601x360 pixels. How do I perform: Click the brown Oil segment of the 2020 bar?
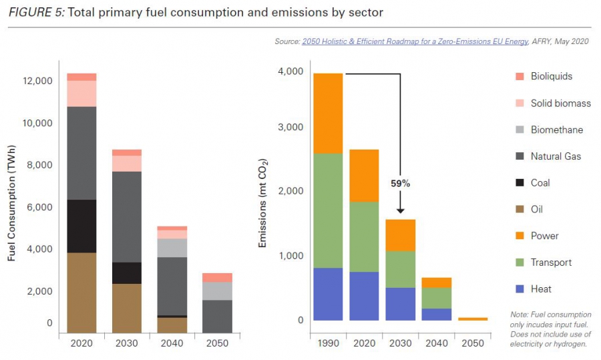[x=81, y=293]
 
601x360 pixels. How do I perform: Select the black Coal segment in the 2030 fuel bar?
[x=127, y=273]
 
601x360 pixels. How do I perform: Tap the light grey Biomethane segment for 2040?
[x=172, y=248]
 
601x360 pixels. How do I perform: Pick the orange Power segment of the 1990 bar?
[x=328, y=114]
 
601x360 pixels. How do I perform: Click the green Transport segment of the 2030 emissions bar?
[x=400, y=269]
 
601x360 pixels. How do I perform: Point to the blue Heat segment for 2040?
[x=437, y=314]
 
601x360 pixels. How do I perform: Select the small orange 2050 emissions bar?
[x=473, y=319]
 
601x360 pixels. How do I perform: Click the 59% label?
[x=400, y=182]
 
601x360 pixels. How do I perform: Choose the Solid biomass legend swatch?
[x=520, y=103]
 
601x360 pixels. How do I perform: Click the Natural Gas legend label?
[x=556, y=156]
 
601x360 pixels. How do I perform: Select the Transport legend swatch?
[x=520, y=262]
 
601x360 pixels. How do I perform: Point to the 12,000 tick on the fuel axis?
[x=37, y=81]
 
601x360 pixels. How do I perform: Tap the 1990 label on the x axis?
[x=328, y=343]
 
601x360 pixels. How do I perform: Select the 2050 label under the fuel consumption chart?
[x=217, y=343]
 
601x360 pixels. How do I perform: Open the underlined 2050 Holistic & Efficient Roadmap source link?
[x=414, y=41]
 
